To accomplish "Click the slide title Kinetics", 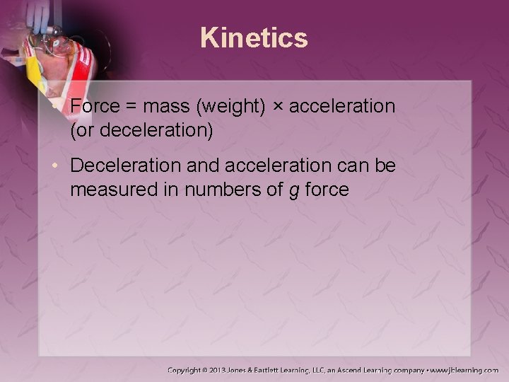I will (254, 37).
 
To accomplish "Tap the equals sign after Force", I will (131, 107).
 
